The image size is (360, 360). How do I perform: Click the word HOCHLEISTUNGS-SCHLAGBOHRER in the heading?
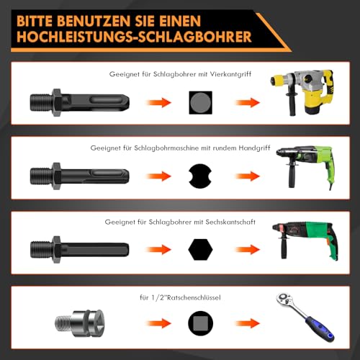[x=134, y=37]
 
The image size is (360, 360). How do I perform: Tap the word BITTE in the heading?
[x=35, y=21]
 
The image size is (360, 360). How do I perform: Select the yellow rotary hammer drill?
[x=302, y=92]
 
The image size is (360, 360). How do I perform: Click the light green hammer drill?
[x=305, y=166]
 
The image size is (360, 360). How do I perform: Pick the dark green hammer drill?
[x=305, y=240]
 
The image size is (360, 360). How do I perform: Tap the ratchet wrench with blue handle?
[x=305, y=317]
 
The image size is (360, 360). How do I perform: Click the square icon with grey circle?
[x=200, y=102]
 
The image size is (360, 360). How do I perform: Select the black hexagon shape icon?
[x=200, y=250]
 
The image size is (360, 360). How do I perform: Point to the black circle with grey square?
[x=200, y=323]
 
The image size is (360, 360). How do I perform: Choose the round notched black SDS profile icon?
[x=200, y=176]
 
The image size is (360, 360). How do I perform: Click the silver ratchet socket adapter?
[x=79, y=323]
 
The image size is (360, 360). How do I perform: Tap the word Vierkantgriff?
[x=230, y=74]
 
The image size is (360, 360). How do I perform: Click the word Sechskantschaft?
[x=230, y=222]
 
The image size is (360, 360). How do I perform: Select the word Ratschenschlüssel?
[x=194, y=297]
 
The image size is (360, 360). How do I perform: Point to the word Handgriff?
[x=254, y=148]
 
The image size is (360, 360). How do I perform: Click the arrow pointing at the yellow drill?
[x=247, y=103]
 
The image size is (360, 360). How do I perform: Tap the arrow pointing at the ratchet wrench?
[x=247, y=323]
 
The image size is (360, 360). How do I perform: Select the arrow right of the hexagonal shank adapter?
[x=158, y=250]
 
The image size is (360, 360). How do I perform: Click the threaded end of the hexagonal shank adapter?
[x=41, y=250]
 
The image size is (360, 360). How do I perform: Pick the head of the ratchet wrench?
[x=284, y=300]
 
